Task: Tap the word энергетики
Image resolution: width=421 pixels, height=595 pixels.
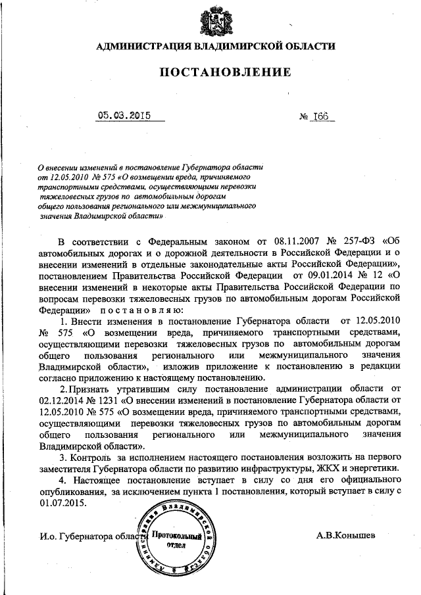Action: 375,469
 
